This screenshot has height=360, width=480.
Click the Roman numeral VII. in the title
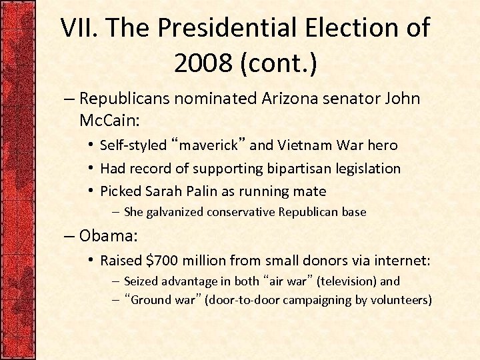(81, 29)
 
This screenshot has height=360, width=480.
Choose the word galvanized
(175, 212)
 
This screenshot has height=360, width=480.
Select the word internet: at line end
(399, 260)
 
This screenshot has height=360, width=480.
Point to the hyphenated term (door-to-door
(242, 300)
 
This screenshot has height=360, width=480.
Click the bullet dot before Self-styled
(91, 145)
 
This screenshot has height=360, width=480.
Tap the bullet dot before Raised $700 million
(91, 260)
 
